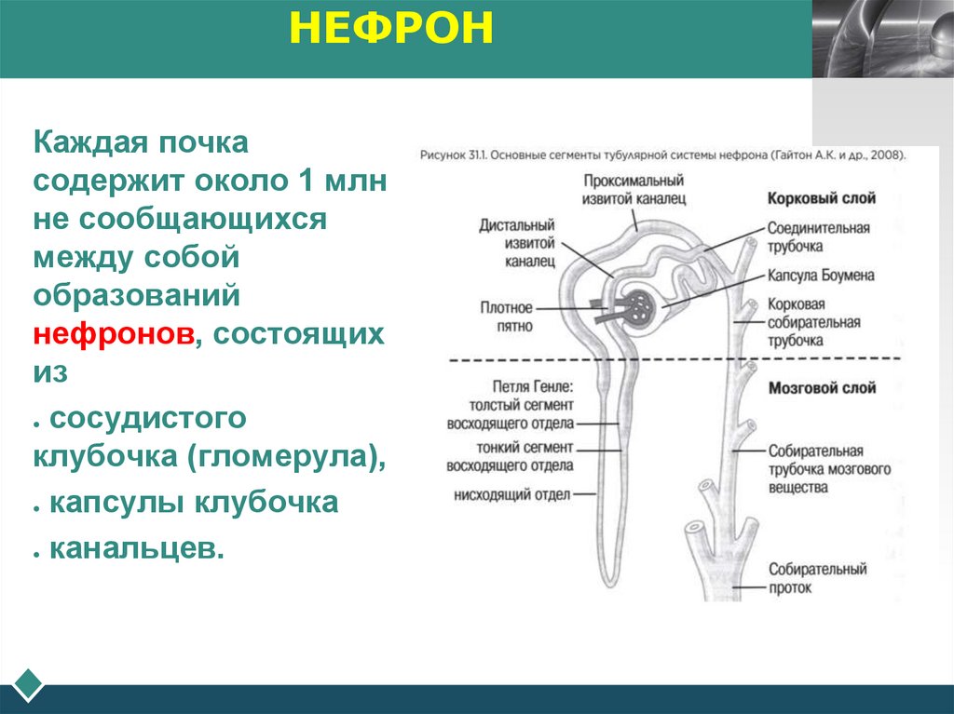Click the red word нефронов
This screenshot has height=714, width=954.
point(114,334)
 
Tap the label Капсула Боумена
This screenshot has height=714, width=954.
point(821,276)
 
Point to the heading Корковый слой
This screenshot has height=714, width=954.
point(821,198)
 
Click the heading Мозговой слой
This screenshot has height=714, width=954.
point(822,387)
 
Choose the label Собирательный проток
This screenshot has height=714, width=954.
point(817,577)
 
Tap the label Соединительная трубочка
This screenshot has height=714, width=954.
point(819,236)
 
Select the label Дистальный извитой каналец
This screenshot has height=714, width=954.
point(517,243)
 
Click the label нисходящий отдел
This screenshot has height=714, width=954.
point(511,494)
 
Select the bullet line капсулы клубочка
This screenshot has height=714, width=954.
point(193,503)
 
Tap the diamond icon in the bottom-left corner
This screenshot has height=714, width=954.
point(28,684)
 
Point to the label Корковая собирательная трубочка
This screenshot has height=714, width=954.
point(813,322)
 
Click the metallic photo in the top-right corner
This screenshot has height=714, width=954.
point(882,38)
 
